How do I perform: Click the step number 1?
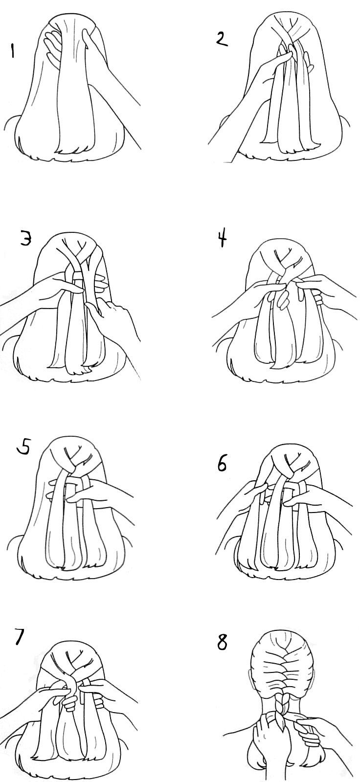tap(13, 51)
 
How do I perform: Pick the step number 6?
tap(222, 464)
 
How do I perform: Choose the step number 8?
tap(222, 643)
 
